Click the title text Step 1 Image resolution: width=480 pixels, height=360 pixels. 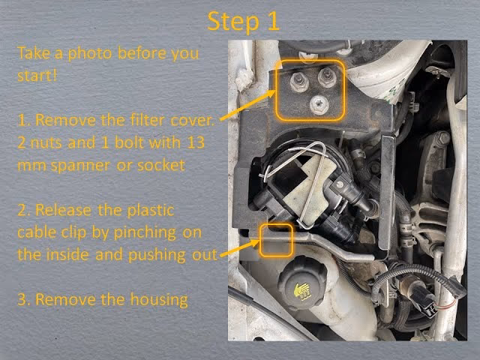pyautogui.click(x=244, y=22)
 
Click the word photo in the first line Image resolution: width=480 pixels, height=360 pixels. pyautogui.click(x=89, y=54)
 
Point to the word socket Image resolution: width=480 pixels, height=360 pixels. pyautogui.click(x=161, y=165)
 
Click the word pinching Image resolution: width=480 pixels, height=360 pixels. pyautogui.click(x=145, y=233)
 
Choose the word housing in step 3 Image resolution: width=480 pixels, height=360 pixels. pyautogui.click(x=159, y=300)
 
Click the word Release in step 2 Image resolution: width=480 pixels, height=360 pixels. pyautogui.click(x=63, y=210)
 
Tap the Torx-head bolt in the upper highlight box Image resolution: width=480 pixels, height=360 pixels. pyautogui.click(x=319, y=105)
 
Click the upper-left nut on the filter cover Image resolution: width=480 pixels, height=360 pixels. pyautogui.click(x=298, y=82)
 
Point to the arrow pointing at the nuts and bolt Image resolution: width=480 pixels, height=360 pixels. pyautogui.click(x=247, y=105)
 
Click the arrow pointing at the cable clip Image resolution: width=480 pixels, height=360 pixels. pyautogui.click(x=240, y=248)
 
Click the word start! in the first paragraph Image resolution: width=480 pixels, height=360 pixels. pyautogui.click(x=37, y=76)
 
